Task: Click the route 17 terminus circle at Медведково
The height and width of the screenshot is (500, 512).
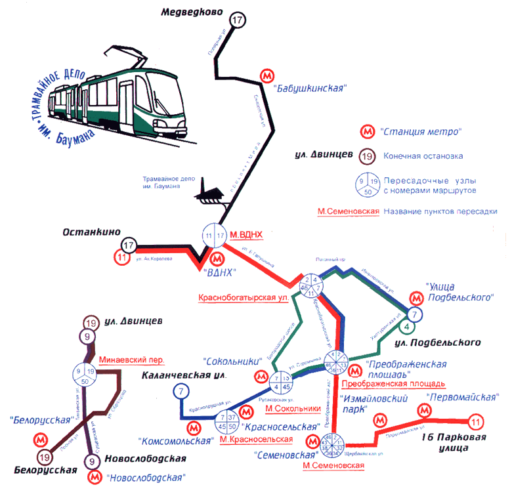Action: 238,20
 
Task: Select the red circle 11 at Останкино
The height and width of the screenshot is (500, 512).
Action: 121,258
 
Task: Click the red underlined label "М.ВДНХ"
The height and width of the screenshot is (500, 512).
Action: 246,234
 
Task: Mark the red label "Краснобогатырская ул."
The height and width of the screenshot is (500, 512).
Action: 244,297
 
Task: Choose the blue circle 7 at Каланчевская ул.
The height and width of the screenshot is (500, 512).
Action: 181,392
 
